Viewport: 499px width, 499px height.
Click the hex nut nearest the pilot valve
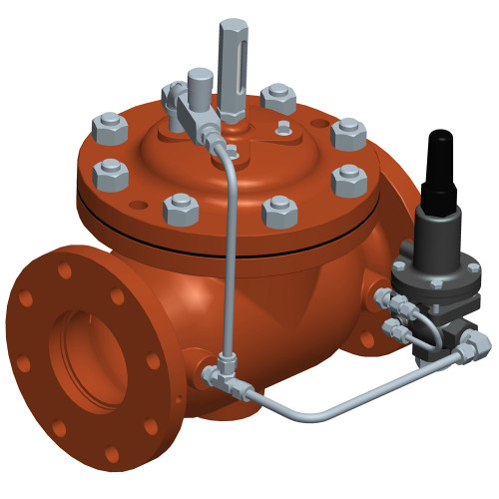[x=349, y=182]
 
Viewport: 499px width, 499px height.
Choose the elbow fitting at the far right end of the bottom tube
[x=478, y=343]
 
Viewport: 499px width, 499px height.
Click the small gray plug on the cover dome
[x=284, y=127]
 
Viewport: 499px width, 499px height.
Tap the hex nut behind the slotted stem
[x=278, y=97]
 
